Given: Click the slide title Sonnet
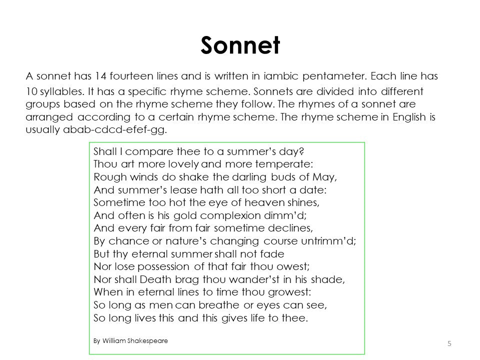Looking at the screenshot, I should pyautogui.click(x=240, y=45).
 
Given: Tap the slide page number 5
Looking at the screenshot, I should pyautogui.click(x=449, y=343).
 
